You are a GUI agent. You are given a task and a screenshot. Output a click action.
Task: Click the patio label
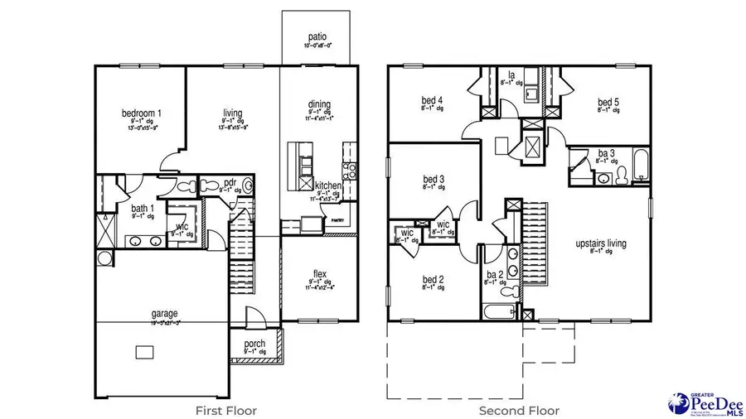pos(315,37)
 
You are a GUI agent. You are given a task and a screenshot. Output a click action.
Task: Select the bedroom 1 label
pos(142,113)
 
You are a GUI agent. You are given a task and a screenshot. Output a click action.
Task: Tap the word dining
pos(319,104)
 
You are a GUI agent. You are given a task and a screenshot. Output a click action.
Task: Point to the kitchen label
pos(329,185)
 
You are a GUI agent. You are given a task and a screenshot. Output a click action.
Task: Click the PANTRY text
pos(337,221)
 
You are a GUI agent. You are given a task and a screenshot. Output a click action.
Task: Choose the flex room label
pos(319,274)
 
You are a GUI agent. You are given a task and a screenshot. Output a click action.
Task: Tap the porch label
pos(254,343)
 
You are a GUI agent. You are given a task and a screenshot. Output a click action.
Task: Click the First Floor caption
pos(225,410)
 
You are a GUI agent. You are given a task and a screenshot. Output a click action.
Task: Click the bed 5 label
pos(609,104)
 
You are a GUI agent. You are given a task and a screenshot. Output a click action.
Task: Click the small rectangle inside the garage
pos(146,353)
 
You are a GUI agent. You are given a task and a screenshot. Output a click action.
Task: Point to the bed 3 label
pos(434,179)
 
